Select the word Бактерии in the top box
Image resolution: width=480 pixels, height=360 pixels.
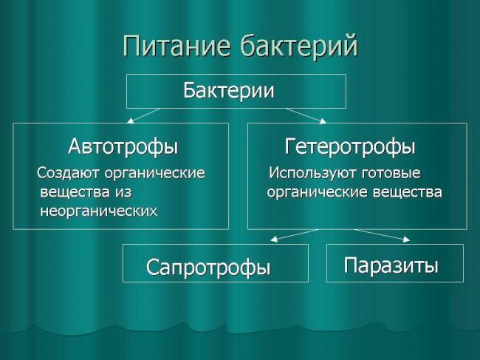[x=228, y=91]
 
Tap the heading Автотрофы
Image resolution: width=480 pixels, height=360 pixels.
[x=123, y=146]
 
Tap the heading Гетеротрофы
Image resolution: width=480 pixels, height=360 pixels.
[x=350, y=146]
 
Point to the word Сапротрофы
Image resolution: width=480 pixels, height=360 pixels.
[x=208, y=267]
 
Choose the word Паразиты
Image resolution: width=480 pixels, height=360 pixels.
[x=391, y=265]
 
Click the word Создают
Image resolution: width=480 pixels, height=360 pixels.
[x=69, y=174]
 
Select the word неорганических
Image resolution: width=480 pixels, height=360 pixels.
[x=97, y=211]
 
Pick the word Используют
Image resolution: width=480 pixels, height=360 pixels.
[x=311, y=174]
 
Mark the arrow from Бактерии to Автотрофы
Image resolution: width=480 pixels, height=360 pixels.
[x=143, y=115]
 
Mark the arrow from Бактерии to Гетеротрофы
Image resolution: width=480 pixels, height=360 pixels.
[x=306, y=115]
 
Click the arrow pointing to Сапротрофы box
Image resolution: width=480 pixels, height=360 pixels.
[x=294, y=235]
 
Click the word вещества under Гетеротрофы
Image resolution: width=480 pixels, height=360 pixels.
[x=408, y=192]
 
